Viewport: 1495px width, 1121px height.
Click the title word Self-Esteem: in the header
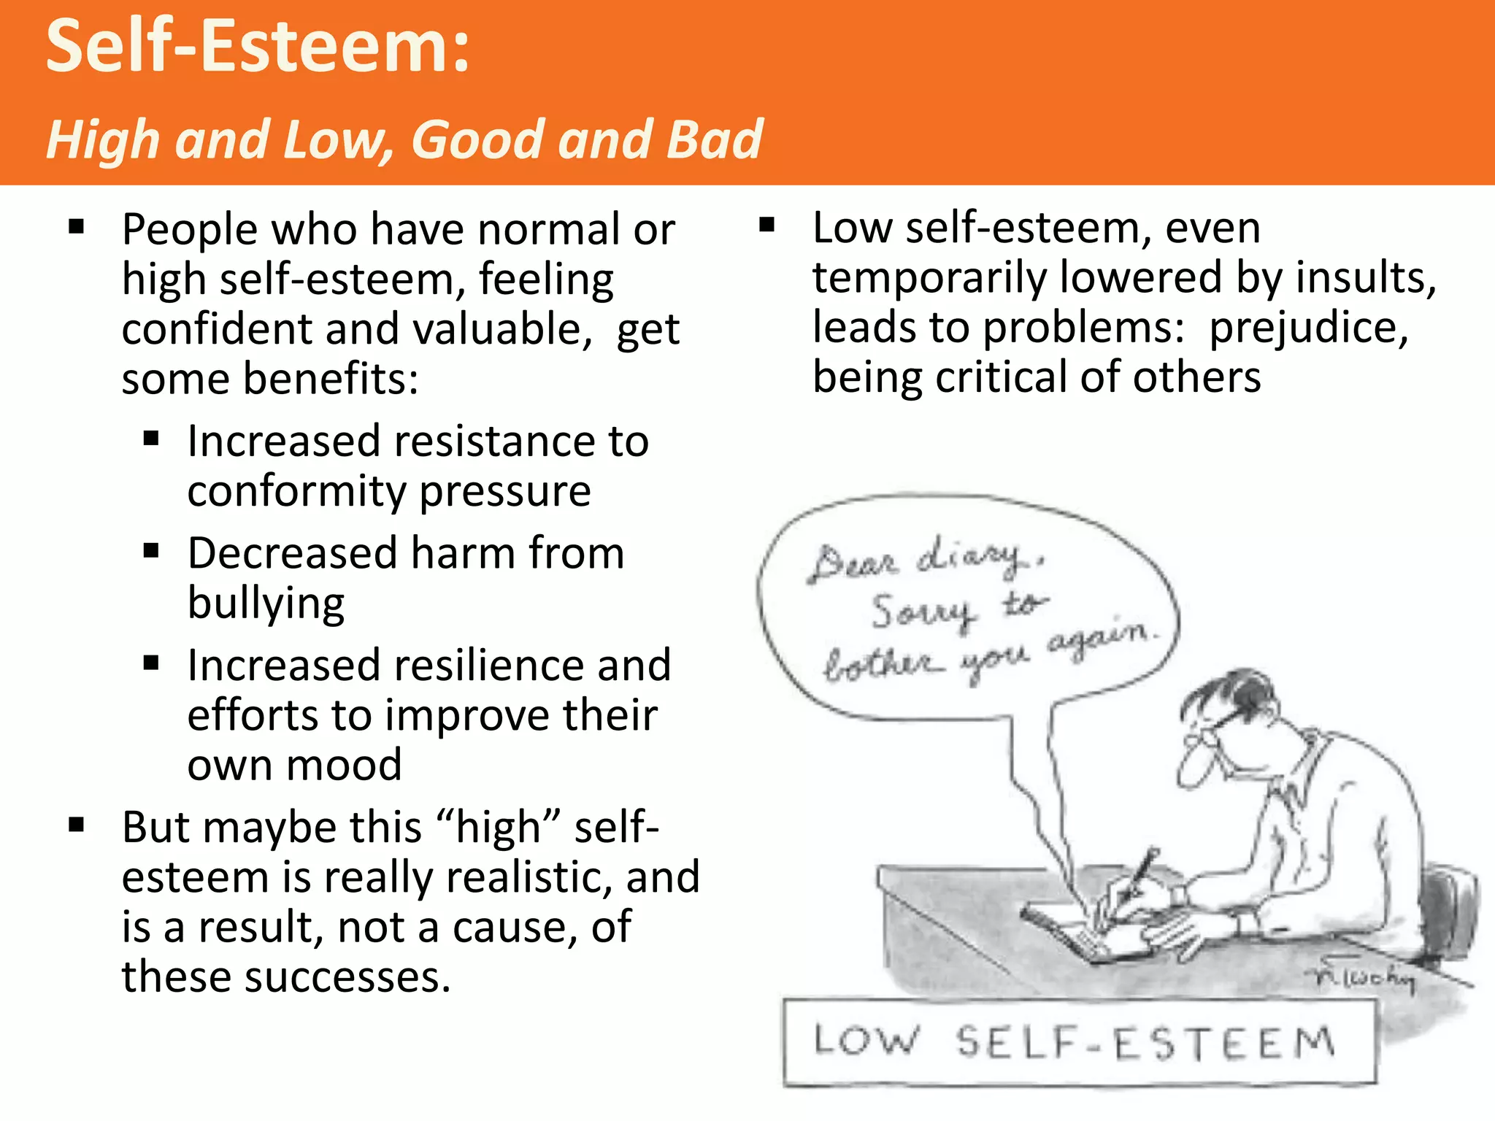click(x=258, y=47)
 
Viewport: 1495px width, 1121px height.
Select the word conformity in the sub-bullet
click(x=295, y=490)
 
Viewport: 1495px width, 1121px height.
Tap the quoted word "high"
click(x=499, y=828)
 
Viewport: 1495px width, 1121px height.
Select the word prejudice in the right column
click(x=1307, y=328)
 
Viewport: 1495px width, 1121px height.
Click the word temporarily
click(x=929, y=279)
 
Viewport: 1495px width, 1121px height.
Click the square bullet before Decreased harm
click(x=151, y=551)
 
